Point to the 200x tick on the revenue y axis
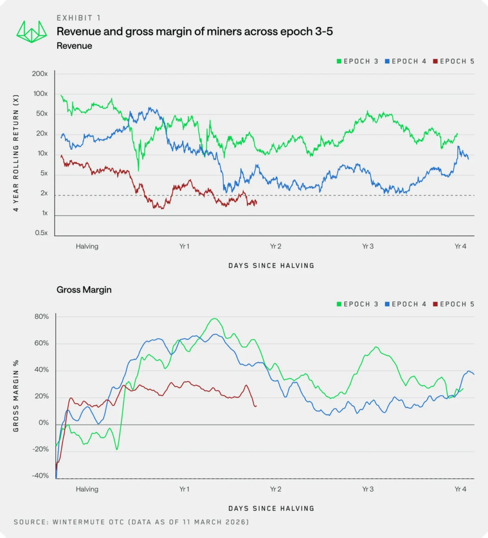tap(40, 74)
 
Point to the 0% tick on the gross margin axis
tap(44, 423)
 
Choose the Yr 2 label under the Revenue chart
tap(275, 246)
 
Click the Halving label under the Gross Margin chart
tap(87, 489)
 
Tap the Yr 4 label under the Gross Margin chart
tap(460, 489)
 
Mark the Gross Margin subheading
tap(84, 289)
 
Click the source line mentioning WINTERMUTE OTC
tap(131, 522)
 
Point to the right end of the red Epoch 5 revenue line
tap(256, 203)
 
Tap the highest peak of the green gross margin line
tap(214, 319)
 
